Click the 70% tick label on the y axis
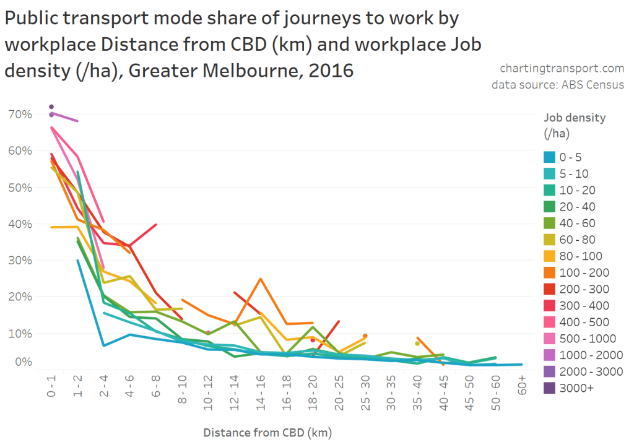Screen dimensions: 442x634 [20, 114]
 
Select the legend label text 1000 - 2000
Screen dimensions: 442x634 [591, 355]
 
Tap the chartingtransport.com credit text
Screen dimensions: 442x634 [562, 68]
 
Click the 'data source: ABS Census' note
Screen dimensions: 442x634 [558, 84]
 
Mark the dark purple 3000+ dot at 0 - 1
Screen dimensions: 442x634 [51, 106]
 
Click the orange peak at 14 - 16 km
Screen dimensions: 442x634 [261, 279]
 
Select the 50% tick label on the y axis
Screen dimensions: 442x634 [20, 187]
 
